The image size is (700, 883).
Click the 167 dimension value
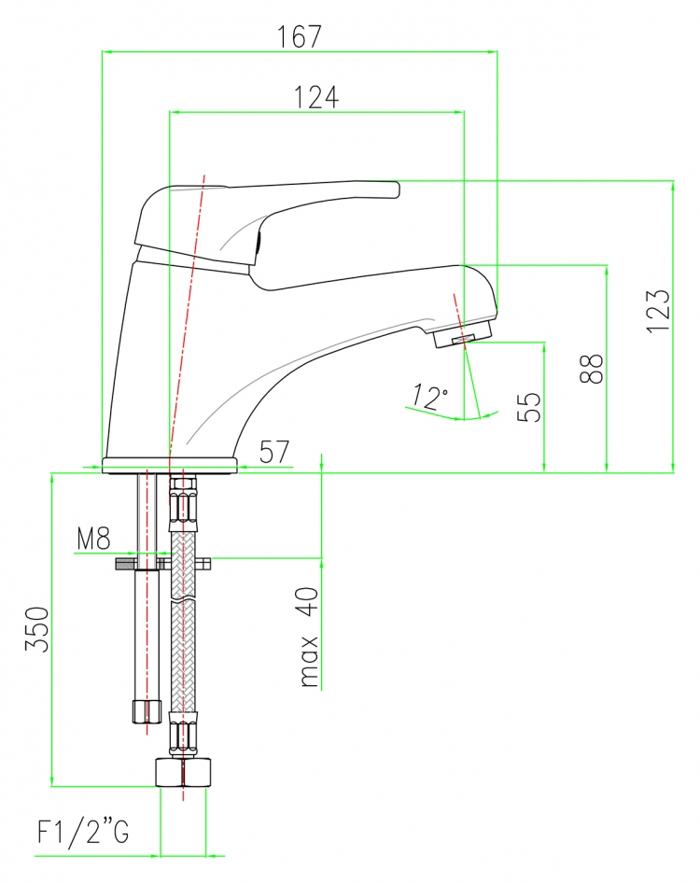(x=299, y=36)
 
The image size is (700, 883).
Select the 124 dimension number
(x=316, y=97)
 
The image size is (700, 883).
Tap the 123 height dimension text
(x=658, y=311)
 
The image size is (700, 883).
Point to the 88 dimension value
(x=592, y=369)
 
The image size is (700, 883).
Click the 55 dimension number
(x=529, y=407)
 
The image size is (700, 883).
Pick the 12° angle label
(x=430, y=397)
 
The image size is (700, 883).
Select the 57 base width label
(x=274, y=452)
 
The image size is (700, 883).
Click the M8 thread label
(x=94, y=539)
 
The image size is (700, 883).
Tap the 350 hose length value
(x=37, y=629)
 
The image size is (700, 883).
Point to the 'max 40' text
(x=309, y=637)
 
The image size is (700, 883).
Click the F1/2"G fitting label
(x=83, y=831)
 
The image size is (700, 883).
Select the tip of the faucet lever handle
(x=398, y=189)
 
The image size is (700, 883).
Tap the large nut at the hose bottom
(x=184, y=772)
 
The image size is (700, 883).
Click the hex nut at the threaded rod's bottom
(x=146, y=711)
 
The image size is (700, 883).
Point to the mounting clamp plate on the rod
(x=162, y=563)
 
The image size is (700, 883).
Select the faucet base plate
(x=170, y=466)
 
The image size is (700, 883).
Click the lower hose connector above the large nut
(x=184, y=735)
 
